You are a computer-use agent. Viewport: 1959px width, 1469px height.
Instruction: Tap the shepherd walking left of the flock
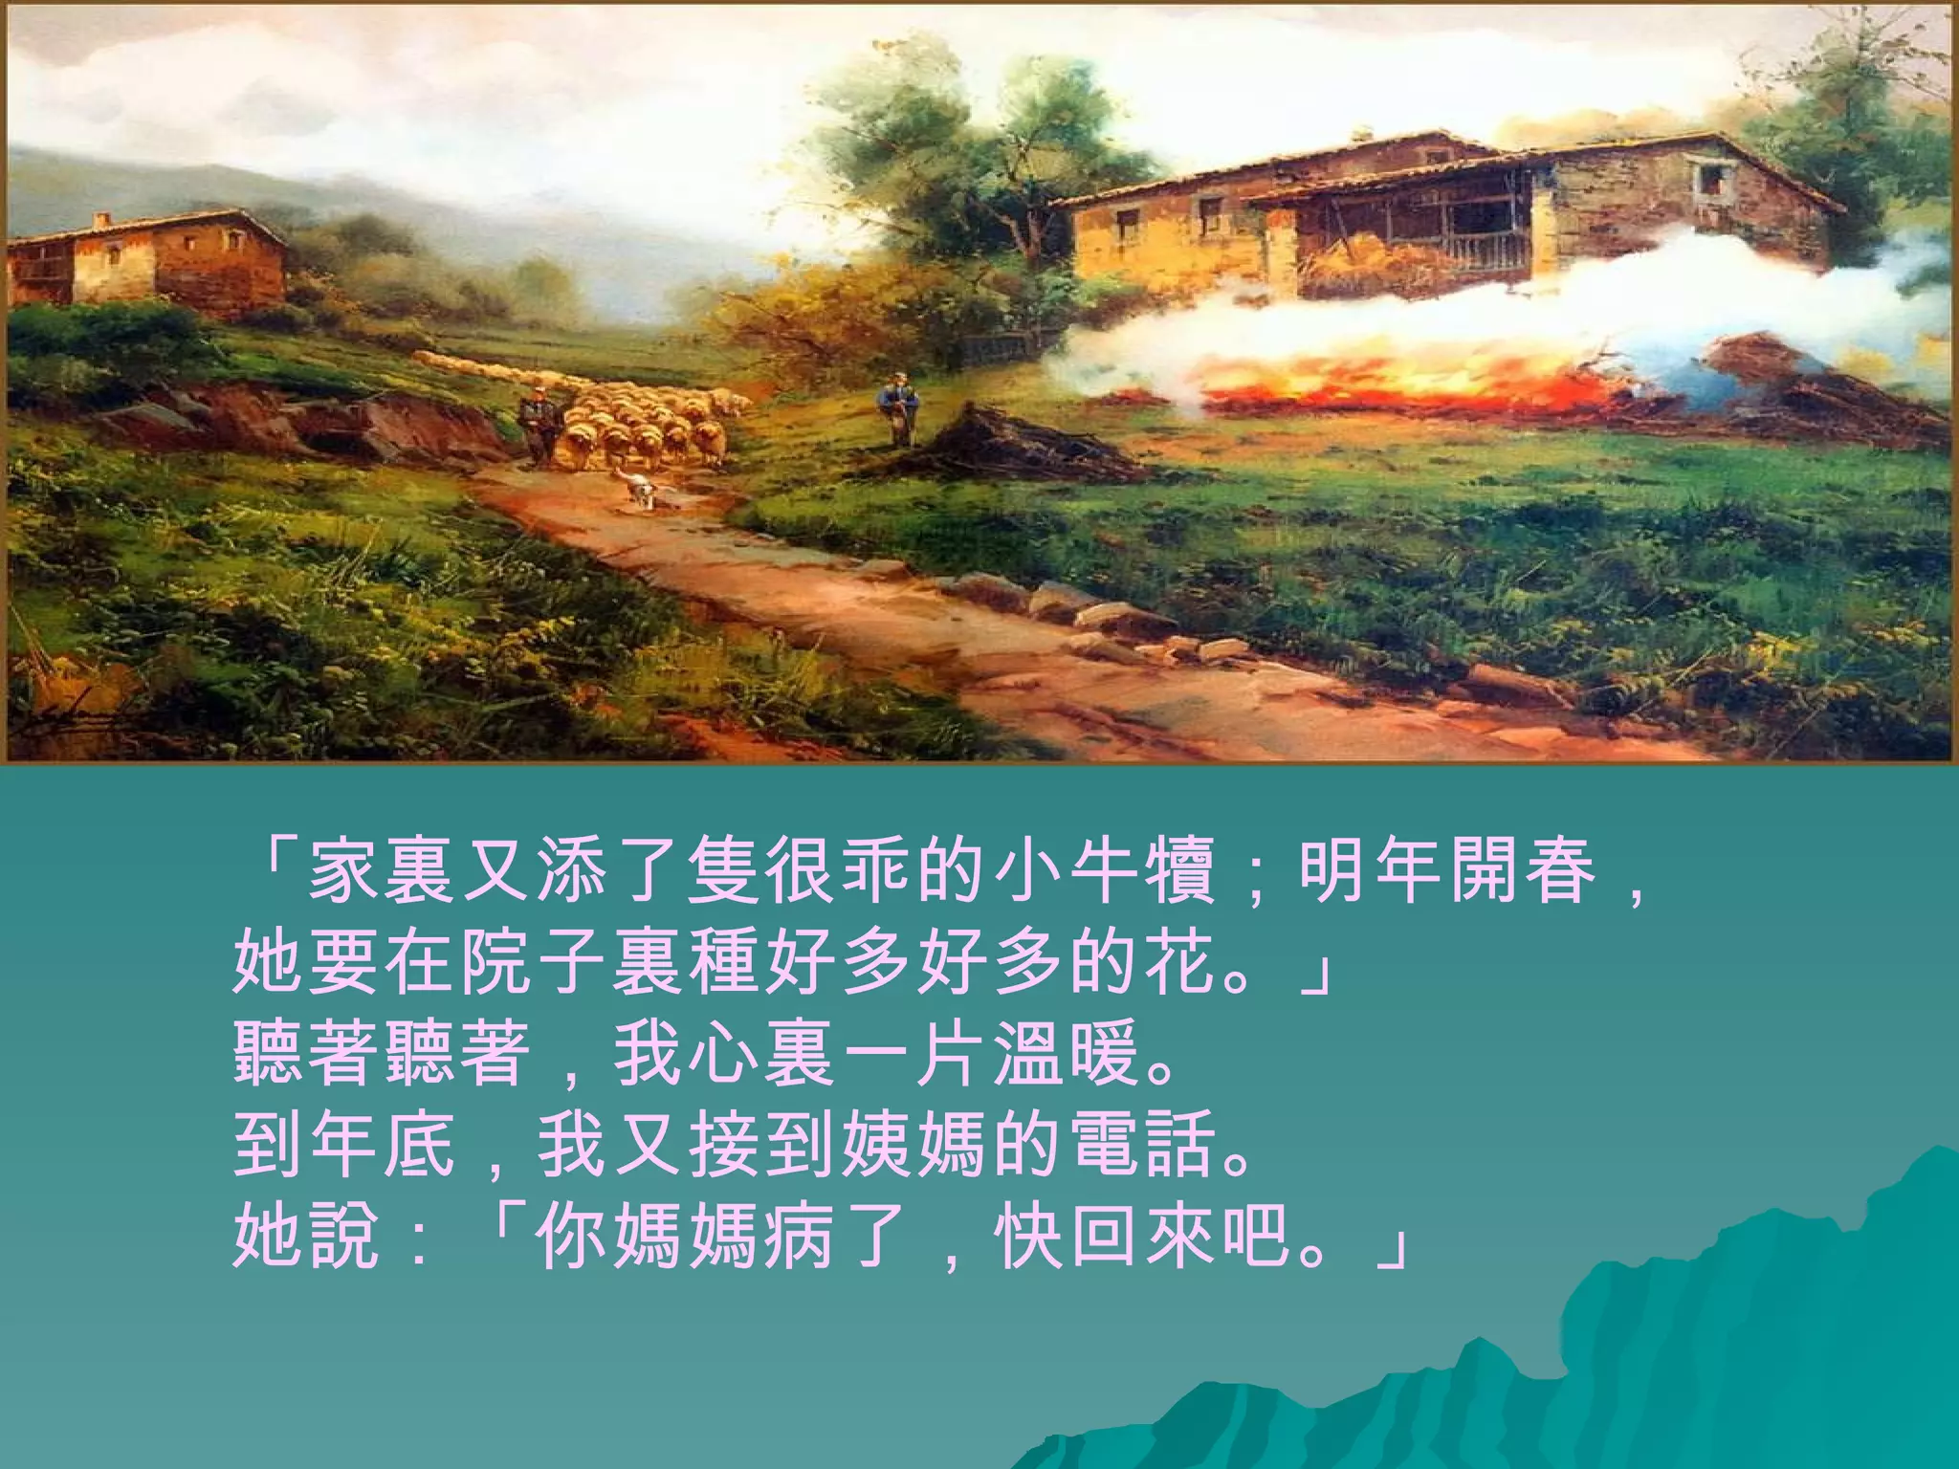539,425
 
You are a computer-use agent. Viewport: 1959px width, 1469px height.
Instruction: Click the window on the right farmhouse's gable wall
1707,179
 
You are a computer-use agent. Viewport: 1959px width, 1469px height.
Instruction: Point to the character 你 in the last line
572,1237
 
